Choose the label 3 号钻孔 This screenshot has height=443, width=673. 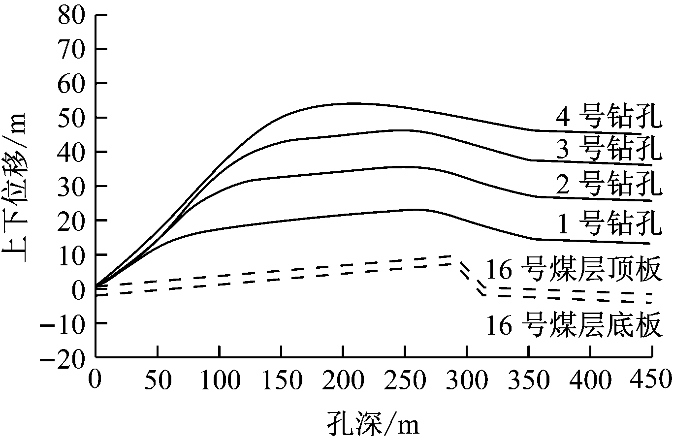[x=609, y=151]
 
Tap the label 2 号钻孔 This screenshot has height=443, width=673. [x=609, y=185]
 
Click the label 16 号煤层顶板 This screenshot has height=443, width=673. [x=573, y=270]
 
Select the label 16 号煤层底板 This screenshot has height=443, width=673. [x=573, y=325]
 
